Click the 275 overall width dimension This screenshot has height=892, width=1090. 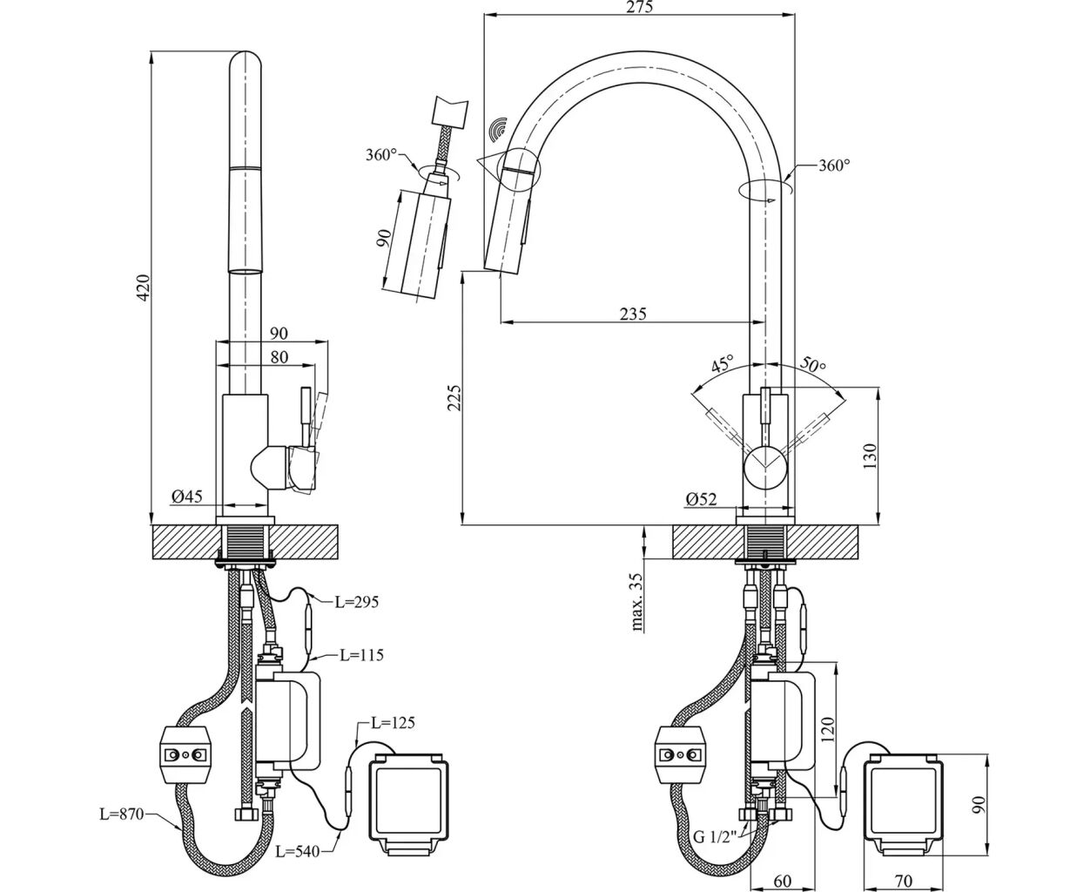point(640,7)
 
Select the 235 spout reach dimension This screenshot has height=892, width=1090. point(633,314)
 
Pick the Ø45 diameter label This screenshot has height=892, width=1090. point(186,497)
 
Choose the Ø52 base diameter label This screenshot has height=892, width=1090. point(700,499)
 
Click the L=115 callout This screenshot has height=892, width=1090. point(361,654)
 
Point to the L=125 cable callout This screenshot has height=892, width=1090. point(393,722)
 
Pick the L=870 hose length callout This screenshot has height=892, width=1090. point(121,814)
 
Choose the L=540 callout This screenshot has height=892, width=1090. point(299,850)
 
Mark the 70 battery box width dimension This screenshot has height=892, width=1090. point(903,882)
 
